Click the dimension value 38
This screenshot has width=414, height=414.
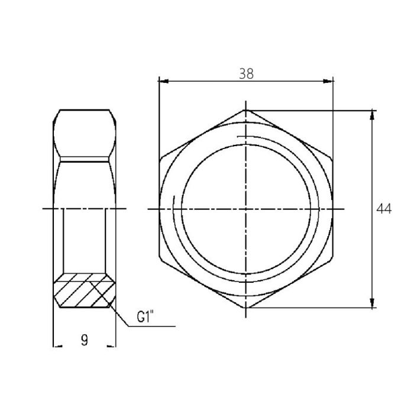246,73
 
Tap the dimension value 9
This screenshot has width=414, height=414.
84,339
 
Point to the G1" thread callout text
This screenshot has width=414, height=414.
145,317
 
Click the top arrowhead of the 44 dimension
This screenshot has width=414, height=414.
372,114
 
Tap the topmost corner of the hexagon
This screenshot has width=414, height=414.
245,110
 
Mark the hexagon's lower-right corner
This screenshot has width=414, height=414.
333,259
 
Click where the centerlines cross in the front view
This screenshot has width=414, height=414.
245,209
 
